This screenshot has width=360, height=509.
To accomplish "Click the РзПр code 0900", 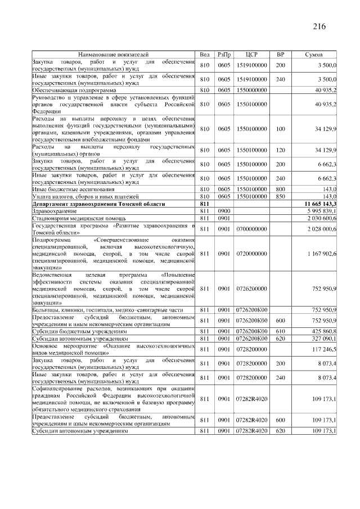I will click(224, 210).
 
